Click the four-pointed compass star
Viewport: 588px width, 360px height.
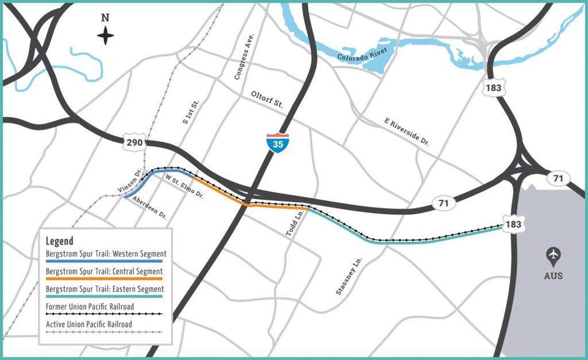tap(106, 36)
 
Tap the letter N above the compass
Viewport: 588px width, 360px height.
tap(105, 18)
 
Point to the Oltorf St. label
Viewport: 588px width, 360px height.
tap(267, 100)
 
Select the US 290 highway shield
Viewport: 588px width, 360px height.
tap(134, 143)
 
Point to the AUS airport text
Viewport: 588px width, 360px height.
tap(553, 275)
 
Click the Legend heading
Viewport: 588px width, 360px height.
tap(59, 241)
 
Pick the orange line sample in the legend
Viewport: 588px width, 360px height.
tap(104, 279)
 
